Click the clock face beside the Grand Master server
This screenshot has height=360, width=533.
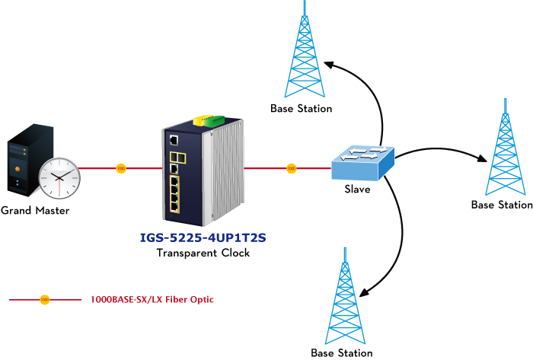point(59,178)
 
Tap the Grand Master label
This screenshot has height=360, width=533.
point(35,211)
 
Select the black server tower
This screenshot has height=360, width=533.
point(30,160)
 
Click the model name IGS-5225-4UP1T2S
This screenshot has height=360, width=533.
point(203,237)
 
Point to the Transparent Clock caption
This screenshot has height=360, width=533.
point(203,253)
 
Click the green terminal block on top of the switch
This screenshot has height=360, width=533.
point(214,121)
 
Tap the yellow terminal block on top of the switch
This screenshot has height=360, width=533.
point(202,119)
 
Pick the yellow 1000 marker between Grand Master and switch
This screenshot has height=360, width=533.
point(121,168)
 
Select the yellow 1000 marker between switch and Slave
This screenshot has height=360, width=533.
point(292,168)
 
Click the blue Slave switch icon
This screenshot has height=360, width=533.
point(362,163)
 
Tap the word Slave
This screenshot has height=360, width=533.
point(357,190)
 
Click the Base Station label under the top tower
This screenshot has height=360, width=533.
point(302,109)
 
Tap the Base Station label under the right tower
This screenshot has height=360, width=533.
point(502,205)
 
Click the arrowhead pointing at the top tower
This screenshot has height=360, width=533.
point(329,65)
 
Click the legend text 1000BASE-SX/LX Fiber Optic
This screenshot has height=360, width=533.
point(152,300)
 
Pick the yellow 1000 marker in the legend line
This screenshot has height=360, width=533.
point(45,300)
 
